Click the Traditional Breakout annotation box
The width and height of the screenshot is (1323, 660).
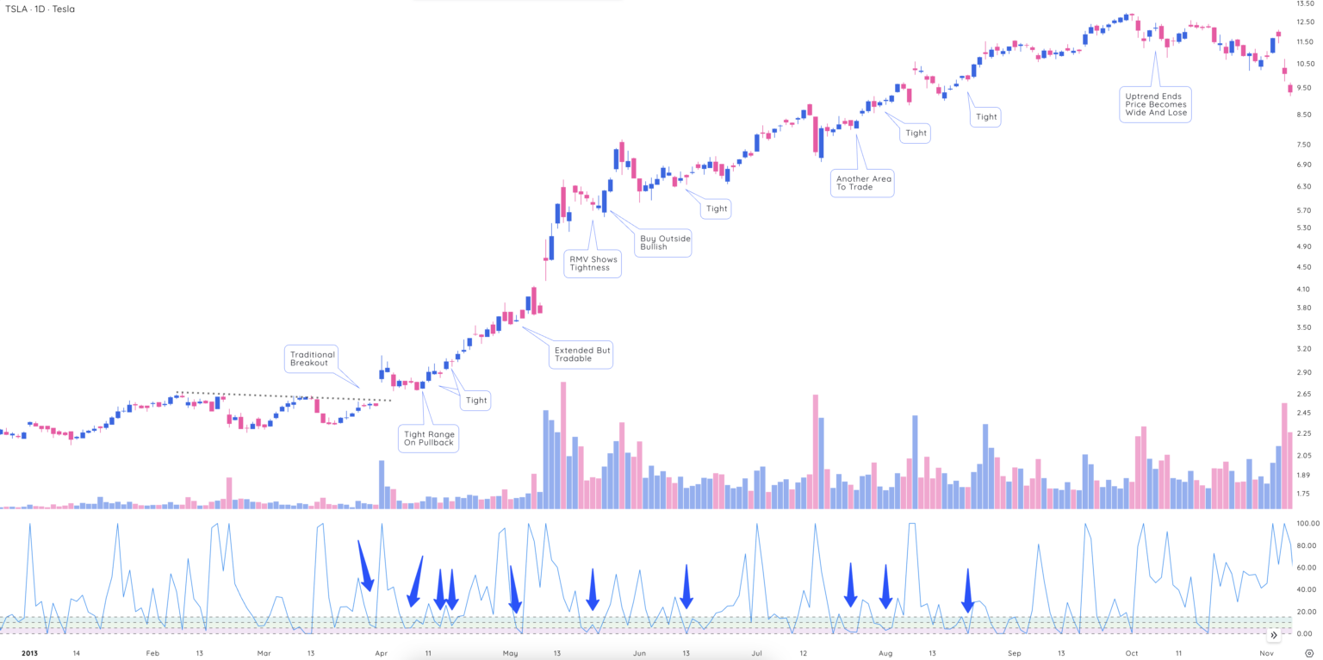[313, 359]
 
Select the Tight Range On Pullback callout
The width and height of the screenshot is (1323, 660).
[428, 438]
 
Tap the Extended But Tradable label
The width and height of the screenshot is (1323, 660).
[581, 355]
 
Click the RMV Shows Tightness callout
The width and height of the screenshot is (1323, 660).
[592, 264]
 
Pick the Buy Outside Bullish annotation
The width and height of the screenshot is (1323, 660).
[665, 243]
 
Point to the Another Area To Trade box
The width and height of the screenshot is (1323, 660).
[862, 183]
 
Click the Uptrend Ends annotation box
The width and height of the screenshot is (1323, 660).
[1155, 104]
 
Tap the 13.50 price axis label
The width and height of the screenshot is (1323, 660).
[1304, 4]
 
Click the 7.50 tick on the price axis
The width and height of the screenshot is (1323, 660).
[1304, 145]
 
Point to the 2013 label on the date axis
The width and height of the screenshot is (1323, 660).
[30, 654]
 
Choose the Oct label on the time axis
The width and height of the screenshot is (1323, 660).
[1132, 654]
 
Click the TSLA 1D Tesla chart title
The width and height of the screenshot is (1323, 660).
[39, 9]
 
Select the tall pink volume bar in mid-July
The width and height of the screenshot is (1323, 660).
[815, 451]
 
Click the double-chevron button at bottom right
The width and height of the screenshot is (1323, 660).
[1274, 635]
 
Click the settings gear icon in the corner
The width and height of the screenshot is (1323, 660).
[1308, 654]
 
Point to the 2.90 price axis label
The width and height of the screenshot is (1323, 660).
[1304, 372]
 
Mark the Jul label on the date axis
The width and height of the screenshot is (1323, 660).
[756, 654]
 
